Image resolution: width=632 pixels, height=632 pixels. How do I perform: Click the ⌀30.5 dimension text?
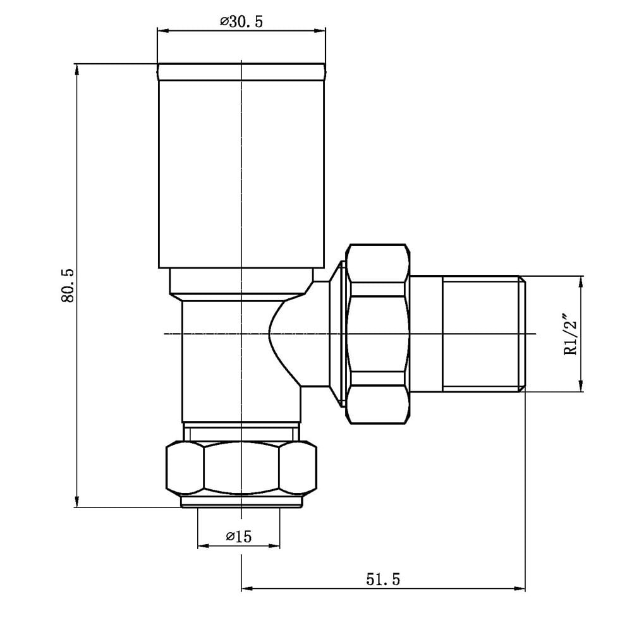241,21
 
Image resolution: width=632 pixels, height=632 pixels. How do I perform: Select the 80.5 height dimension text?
68,286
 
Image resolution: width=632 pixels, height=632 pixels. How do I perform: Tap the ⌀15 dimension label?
238,537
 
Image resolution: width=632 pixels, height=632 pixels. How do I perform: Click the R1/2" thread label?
572,334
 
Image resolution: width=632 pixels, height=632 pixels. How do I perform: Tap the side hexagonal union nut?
377,334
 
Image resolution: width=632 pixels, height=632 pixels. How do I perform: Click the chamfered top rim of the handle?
241,71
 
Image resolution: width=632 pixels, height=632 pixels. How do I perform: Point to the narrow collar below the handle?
241,282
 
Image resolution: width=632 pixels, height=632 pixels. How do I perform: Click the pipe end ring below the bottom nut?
241,501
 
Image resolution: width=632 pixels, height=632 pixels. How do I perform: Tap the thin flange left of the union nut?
341,334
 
